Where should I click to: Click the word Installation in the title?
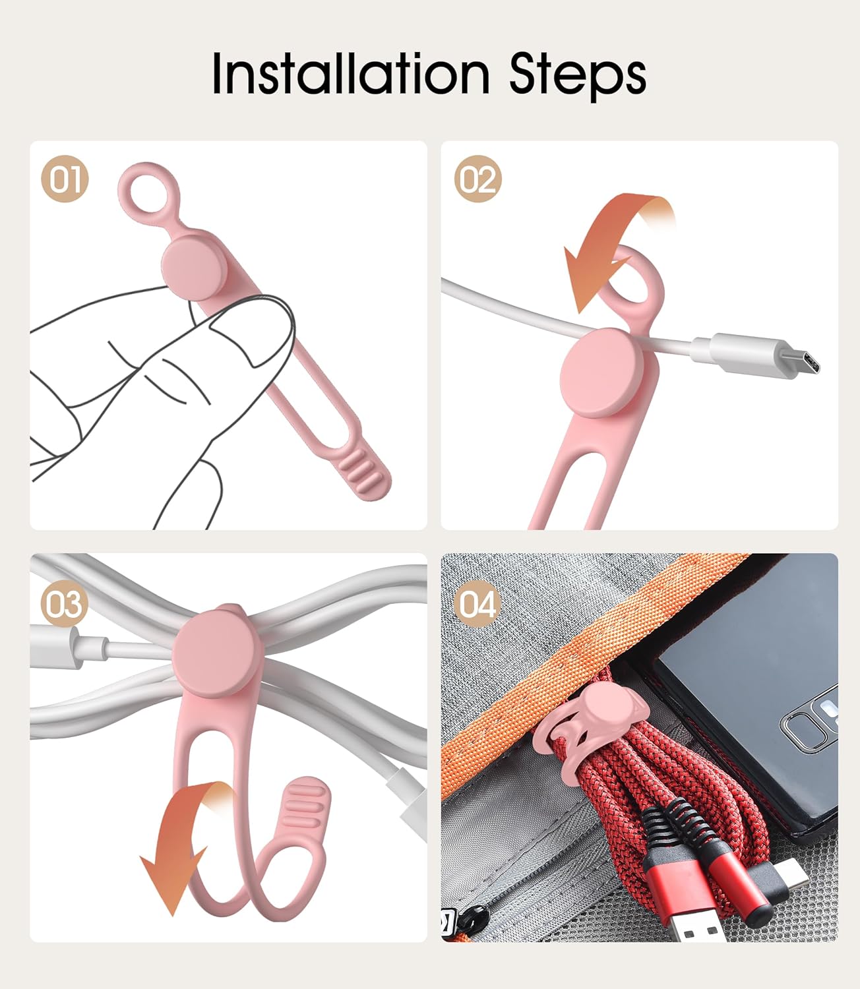pyautogui.click(x=351, y=74)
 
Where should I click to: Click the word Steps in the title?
pyautogui.click(x=578, y=76)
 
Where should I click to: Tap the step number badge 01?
pyautogui.click(x=65, y=179)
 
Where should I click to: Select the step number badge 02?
pyautogui.click(x=477, y=179)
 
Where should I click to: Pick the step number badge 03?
pyautogui.click(x=65, y=604)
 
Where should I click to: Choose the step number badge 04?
pyautogui.click(x=477, y=604)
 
